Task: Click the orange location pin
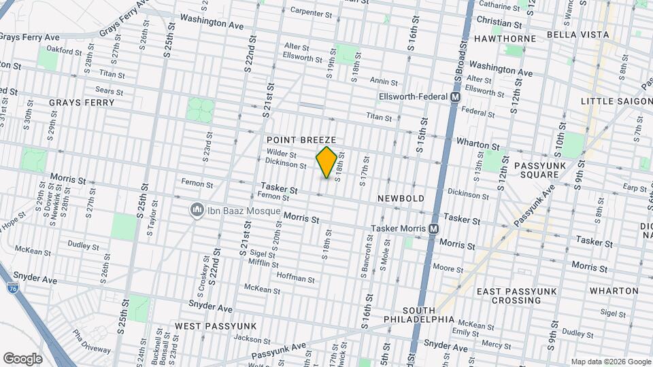click(x=327, y=162)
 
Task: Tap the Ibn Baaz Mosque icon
click(x=197, y=210)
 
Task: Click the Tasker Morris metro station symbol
click(x=433, y=230)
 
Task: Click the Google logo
click(x=22, y=358)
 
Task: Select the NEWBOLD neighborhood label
click(x=402, y=198)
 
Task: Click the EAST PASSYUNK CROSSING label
click(x=518, y=296)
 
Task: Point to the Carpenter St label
click(x=311, y=11)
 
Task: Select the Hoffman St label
click(x=296, y=279)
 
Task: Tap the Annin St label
click(x=384, y=81)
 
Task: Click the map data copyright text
click(x=610, y=362)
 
